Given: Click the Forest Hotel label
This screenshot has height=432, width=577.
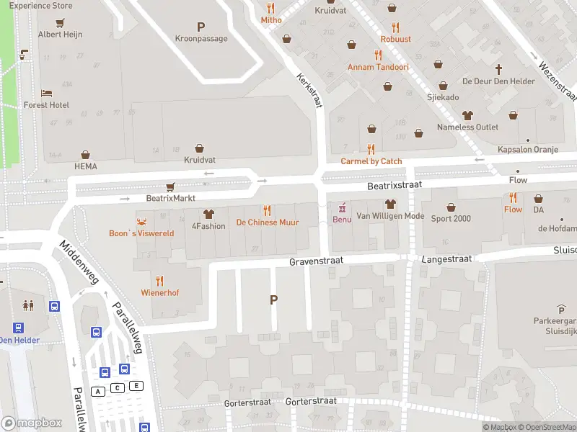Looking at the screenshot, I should coord(46,105).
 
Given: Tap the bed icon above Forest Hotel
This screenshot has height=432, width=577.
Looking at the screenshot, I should coord(46,93).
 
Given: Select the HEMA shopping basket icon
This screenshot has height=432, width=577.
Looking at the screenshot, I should coord(85,155).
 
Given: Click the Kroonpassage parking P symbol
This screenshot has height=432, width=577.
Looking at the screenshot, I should coord(201,27).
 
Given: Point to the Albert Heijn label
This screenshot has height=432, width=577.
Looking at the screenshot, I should coord(60,35).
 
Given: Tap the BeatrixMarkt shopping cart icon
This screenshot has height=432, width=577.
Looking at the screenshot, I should coord(170,186).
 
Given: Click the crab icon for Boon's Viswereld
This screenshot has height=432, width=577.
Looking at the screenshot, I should coord(141,221).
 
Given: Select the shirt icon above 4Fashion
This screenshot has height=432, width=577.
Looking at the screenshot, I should coord(208,214).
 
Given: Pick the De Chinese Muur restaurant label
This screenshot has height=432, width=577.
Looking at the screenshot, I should coord(268,223).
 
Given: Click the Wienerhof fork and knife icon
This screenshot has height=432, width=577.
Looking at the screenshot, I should coord(159,281).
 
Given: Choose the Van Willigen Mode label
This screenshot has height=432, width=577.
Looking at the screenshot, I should coord(392,216).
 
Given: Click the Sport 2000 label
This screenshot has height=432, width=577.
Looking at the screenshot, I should coord(452,219).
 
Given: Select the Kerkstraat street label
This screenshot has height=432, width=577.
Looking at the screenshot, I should coord(309,93).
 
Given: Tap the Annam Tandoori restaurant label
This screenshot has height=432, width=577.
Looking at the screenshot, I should coord(378,68).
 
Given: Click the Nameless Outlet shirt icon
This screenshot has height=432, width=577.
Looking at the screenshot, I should coord(467,115).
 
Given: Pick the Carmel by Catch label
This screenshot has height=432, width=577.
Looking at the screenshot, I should coord(371,162).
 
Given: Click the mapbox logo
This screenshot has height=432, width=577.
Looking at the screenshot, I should coord(32,423).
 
